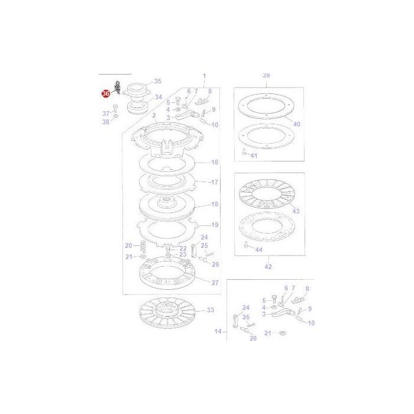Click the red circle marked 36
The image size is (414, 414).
click(106, 93)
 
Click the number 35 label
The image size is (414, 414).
click(157, 81)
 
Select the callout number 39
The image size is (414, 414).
click(266, 76)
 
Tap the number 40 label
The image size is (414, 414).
click(296, 124)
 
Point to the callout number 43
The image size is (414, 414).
click(296, 211)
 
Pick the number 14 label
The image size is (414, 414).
click(218, 332)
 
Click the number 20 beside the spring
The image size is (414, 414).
click(128, 245)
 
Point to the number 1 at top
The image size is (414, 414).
click(204, 76)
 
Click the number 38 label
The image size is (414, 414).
click(106, 122)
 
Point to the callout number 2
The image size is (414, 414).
click(154, 116)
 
